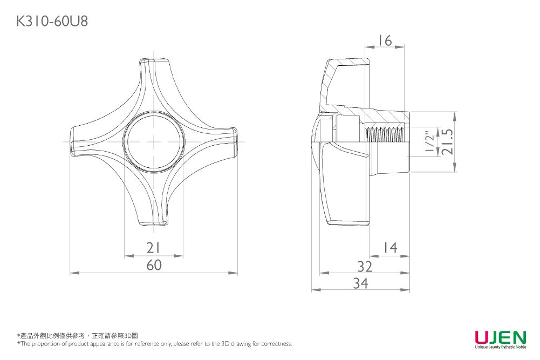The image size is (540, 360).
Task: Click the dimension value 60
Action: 154,266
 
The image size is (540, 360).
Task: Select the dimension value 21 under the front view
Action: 154,248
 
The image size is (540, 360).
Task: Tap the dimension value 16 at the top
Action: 385,41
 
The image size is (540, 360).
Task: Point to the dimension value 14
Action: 389,248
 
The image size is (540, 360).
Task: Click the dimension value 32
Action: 365,266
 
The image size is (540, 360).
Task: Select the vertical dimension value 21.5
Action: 447,142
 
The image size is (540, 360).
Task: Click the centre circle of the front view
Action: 154,142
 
